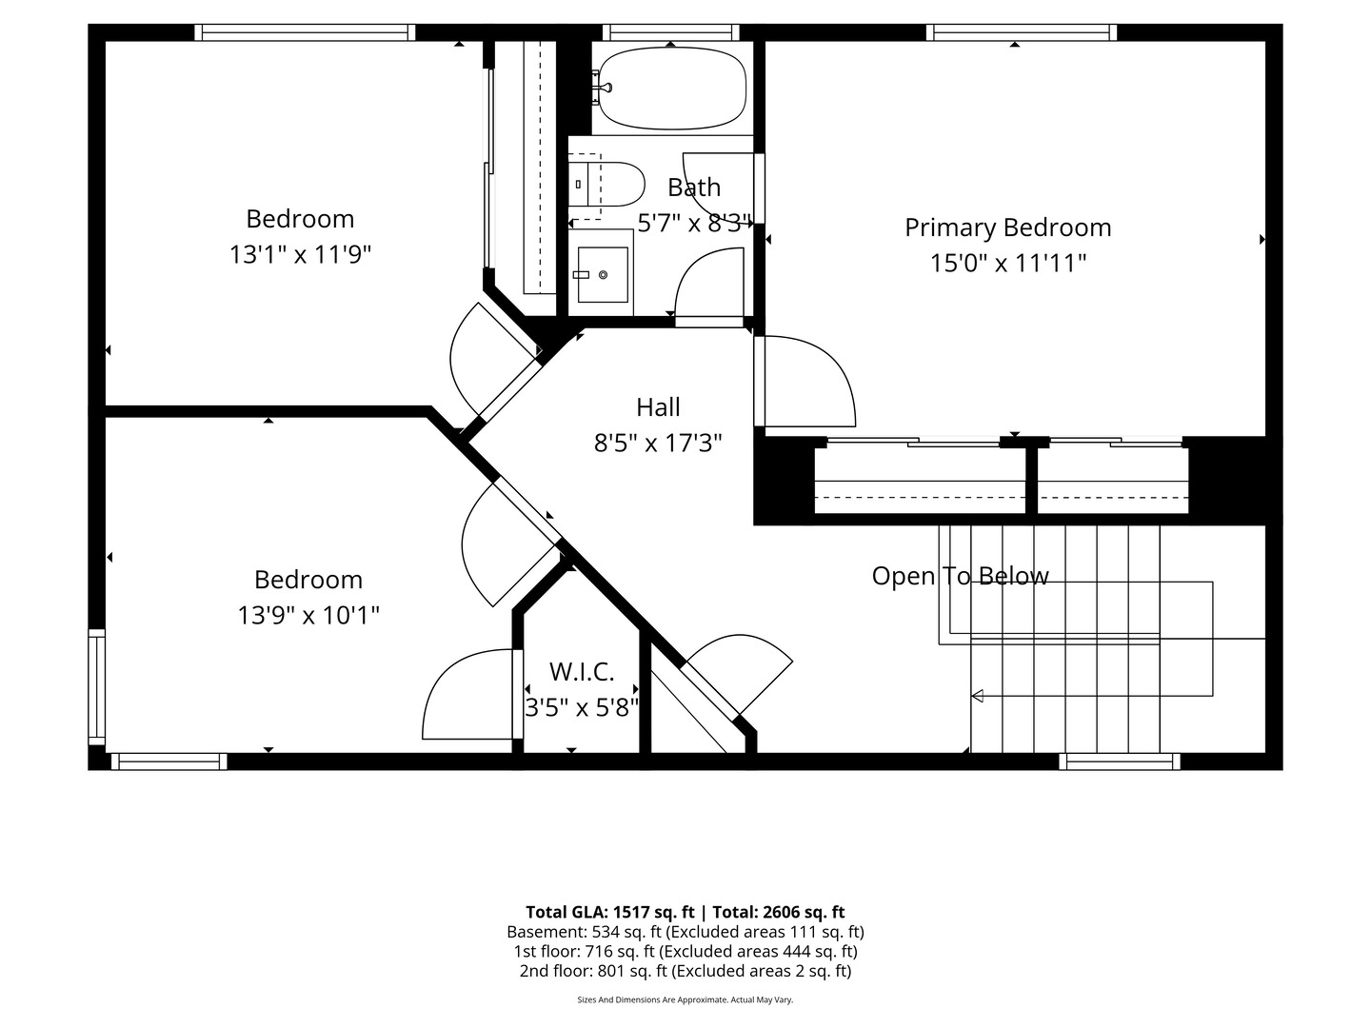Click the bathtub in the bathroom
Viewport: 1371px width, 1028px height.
click(672, 88)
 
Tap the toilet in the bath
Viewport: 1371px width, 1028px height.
click(606, 184)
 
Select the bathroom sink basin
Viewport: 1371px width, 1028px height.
click(603, 275)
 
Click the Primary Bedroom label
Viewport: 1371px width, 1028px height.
click(1007, 227)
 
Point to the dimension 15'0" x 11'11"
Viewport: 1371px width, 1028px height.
click(1008, 263)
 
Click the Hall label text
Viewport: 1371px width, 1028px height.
click(658, 407)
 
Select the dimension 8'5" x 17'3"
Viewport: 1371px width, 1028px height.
click(658, 444)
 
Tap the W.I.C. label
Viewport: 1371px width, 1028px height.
click(582, 672)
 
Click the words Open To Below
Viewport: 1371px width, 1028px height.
click(960, 576)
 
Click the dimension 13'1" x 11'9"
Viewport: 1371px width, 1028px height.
click(300, 255)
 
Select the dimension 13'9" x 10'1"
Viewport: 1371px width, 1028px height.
click(308, 616)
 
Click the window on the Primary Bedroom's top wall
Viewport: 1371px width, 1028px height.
click(1022, 32)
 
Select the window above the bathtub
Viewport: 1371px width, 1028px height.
click(671, 32)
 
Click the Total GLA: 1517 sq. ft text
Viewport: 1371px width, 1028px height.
click(609, 913)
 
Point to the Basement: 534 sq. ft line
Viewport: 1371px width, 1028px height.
click(685, 933)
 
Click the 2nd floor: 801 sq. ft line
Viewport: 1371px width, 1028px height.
click(685, 971)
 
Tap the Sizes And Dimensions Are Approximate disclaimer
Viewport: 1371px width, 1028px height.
click(685, 999)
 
